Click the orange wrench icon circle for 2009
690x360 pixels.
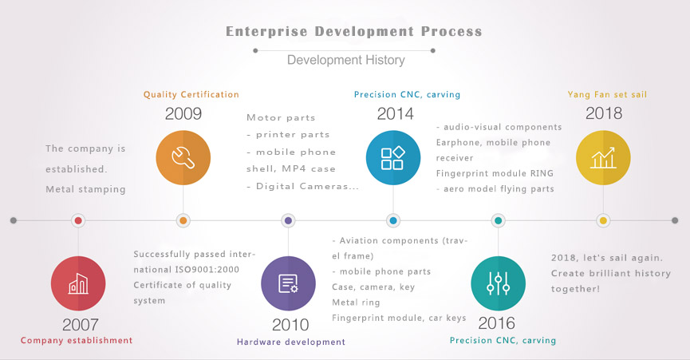click(183, 157)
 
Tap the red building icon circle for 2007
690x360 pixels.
click(78, 283)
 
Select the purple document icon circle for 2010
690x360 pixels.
click(288, 283)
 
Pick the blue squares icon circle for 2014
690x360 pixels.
click(393, 157)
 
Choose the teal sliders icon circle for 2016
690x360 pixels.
click(498, 283)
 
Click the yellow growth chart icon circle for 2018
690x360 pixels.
click(603, 157)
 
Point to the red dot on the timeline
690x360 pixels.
click(78, 220)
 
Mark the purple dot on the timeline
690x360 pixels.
click(288, 220)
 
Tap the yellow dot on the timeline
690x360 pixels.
click(603, 220)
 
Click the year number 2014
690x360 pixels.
click(395, 114)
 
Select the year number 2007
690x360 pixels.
click(81, 325)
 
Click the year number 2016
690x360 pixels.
click(496, 323)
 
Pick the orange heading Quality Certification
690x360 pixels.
click(191, 95)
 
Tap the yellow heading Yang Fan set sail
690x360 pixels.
click(607, 95)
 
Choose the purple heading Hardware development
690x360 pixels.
click(291, 342)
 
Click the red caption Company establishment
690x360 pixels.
click(77, 340)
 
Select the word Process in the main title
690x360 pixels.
click(451, 31)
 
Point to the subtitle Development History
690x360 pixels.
click(346, 60)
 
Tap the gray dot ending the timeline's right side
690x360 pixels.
click(675, 220)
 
